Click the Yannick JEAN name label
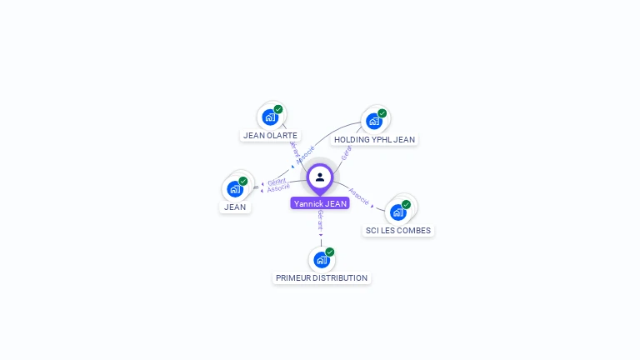320,203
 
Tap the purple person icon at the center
320,177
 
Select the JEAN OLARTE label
270,135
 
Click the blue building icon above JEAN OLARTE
269,117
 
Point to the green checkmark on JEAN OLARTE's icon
278,109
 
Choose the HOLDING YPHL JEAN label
374,140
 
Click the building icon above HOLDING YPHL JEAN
373,121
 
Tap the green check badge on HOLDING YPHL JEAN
382,113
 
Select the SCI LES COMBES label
398,230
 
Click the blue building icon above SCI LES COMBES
397,212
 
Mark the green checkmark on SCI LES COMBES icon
406,204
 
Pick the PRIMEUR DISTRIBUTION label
322,277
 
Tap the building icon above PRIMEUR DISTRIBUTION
321,259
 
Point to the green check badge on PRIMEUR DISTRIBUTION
330,252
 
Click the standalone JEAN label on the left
235,207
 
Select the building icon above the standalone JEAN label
234,188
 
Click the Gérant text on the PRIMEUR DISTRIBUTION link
320,220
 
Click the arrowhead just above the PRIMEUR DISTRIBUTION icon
321,235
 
